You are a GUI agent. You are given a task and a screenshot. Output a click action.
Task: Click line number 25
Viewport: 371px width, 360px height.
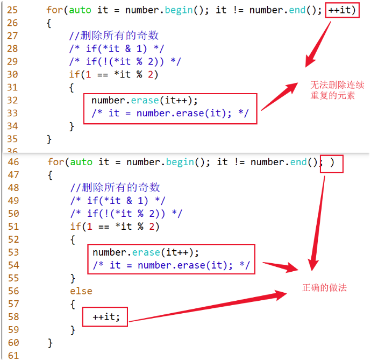pos(12,10)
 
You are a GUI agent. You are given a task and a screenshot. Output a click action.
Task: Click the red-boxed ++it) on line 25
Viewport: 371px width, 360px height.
pos(342,10)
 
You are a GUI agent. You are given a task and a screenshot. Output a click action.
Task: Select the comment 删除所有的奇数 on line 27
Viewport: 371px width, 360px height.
pos(115,36)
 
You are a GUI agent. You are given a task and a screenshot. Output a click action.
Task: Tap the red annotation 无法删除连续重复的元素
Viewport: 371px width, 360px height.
pos(337,90)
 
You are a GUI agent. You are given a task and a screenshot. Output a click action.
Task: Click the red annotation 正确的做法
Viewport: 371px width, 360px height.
pos(325,287)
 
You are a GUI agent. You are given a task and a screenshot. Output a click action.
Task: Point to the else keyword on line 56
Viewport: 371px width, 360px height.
pos(81,291)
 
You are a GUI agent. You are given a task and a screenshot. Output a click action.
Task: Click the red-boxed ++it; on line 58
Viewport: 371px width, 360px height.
pos(105,317)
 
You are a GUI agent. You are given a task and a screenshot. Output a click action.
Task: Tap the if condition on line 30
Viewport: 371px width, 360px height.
pos(115,74)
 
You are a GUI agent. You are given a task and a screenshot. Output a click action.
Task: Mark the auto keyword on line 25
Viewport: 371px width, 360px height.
pos(81,10)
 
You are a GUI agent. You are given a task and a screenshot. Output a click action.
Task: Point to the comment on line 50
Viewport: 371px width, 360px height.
pos(126,214)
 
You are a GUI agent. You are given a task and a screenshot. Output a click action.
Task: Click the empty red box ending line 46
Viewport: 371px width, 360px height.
pos(331,163)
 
